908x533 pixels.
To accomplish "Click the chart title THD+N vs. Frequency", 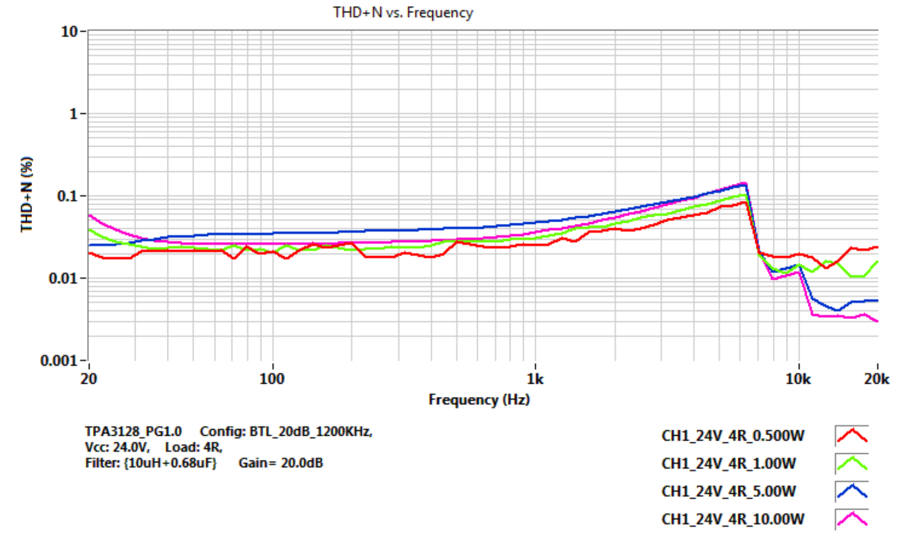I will pyautogui.click(x=403, y=12).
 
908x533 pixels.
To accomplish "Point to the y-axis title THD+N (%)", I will pyautogui.click(x=27, y=194).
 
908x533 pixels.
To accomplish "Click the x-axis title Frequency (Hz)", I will pyautogui.click(x=479, y=399).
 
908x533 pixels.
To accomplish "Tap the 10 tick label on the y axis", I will pyautogui.click(x=69, y=32).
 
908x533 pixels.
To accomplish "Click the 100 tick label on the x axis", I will pyautogui.click(x=272, y=379).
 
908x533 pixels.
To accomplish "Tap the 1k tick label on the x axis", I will pyautogui.click(x=535, y=379).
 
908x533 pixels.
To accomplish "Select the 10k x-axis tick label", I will pyautogui.click(x=798, y=379).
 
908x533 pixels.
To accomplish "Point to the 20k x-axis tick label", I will pyautogui.click(x=877, y=379).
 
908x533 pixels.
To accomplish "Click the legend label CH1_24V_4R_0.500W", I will pyautogui.click(x=733, y=436).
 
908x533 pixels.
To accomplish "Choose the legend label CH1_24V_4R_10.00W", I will pyautogui.click(x=733, y=519).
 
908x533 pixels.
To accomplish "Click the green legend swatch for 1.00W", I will pyautogui.click(x=852, y=463).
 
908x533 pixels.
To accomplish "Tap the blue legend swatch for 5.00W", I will pyautogui.click(x=852, y=491).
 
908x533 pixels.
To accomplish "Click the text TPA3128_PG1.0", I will pyautogui.click(x=133, y=431).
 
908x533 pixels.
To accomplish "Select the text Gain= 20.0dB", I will pyautogui.click(x=280, y=463).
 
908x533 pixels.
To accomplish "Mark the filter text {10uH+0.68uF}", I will pyautogui.click(x=170, y=463).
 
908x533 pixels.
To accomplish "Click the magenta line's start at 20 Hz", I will pyautogui.click(x=89, y=215).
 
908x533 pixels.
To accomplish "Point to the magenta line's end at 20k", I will pyautogui.click(x=878, y=321).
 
